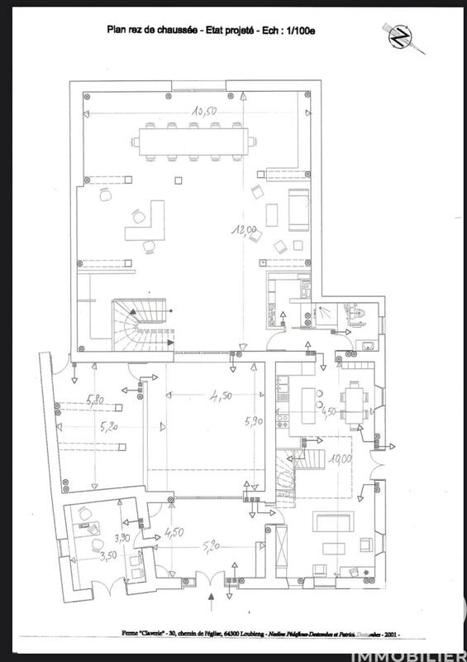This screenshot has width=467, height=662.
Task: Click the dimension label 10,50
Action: [204, 110]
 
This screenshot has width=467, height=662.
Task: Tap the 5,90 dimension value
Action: [253, 421]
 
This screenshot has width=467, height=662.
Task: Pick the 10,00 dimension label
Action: [341, 458]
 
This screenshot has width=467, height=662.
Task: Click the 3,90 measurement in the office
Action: [121, 539]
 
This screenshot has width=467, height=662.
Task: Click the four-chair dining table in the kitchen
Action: [355, 402]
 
